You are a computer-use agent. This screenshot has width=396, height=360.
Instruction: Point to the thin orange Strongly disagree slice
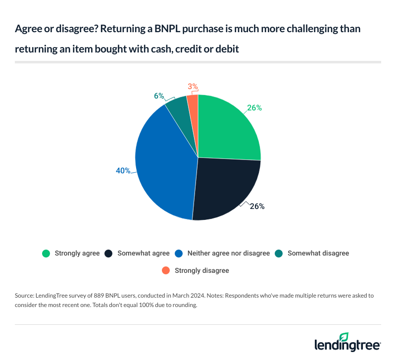(x=193, y=102)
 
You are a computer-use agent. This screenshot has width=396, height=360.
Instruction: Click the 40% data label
(x=123, y=170)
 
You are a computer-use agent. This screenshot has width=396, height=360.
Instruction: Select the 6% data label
(x=159, y=96)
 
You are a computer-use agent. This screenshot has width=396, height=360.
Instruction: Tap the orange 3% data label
(x=193, y=87)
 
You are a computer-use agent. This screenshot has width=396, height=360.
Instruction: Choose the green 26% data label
(x=254, y=107)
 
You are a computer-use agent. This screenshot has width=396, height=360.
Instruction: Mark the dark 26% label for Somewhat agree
(x=257, y=206)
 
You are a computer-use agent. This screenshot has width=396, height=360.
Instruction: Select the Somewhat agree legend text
(x=144, y=253)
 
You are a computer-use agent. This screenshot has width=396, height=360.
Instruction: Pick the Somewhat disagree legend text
(x=318, y=253)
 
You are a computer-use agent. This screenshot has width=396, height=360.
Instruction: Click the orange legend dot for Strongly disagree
(x=166, y=270)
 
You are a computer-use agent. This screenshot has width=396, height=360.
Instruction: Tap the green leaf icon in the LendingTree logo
(x=344, y=337)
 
